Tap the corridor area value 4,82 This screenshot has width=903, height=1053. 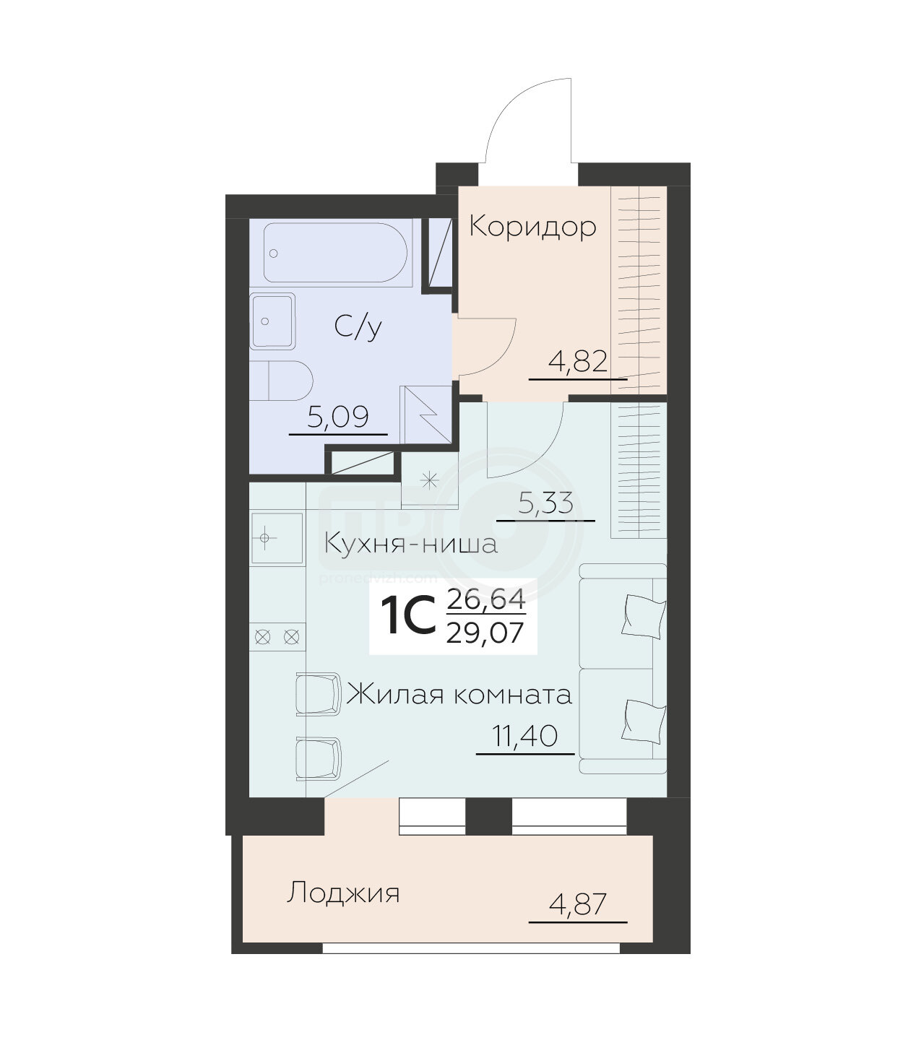click(x=578, y=362)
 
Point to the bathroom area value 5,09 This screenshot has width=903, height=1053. click(x=338, y=417)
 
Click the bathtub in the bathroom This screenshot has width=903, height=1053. click(x=335, y=252)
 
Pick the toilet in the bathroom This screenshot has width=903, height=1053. click(x=281, y=381)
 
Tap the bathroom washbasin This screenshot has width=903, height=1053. click(x=272, y=321)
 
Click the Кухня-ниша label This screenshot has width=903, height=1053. click(x=411, y=544)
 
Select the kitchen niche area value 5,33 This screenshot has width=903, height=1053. click(x=546, y=503)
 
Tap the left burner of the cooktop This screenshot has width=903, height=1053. click(x=262, y=637)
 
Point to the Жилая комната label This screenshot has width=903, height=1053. click(x=459, y=695)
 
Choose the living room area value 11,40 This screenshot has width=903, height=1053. click(x=525, y=736)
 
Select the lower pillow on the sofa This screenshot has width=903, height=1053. click(x=644, y=721)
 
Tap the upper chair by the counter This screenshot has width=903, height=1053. click(x=319, y=694)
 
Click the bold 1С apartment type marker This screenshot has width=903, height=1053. click(x=409, y=616)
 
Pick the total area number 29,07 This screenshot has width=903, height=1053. click(x=485, y=633)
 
